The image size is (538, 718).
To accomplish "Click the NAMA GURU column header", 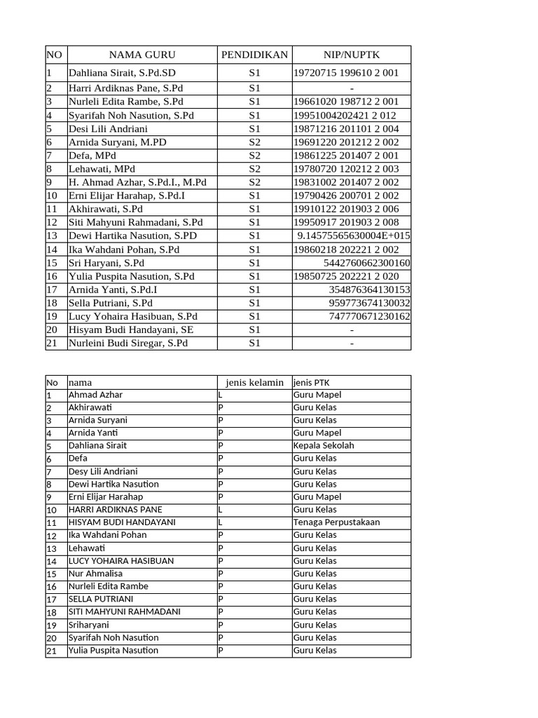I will [x=142, y=55].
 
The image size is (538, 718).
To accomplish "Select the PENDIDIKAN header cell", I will [x=254, y=55].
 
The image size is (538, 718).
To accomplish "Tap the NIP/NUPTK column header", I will [x=351, y=55].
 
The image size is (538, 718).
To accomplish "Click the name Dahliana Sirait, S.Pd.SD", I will [x=123, y=73].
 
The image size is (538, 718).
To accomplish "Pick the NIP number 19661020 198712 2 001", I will [x=347, y=102].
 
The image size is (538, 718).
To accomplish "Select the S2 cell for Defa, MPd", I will [x=254, y=155].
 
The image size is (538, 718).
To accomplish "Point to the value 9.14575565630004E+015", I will [x=354, y=236].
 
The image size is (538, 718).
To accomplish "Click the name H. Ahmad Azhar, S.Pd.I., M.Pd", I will [x=137, y=182].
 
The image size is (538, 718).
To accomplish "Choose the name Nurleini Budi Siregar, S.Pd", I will [x=128, y=344].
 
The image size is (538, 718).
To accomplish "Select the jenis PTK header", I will [x=312, y=382].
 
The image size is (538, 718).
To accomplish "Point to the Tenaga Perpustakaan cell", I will [x=337, y=522].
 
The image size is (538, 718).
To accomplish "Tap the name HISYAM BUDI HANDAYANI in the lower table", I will [x=122, y=522].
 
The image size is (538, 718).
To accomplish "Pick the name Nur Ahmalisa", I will [x=95, y=574].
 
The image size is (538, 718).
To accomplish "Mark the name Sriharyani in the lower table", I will [x=89, y=625].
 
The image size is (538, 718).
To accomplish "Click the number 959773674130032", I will [x=370, y=304].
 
